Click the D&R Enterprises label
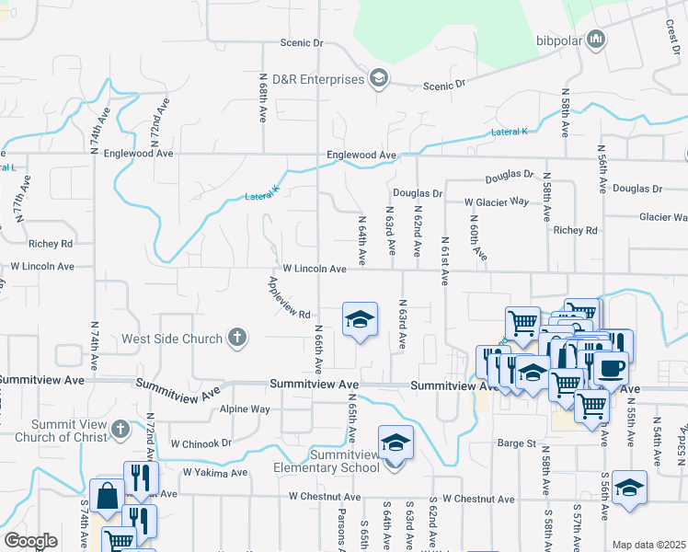[x=318, y=80]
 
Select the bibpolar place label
[x=559, y=40]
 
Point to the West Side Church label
[x=172, y=339]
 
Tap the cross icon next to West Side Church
[x=237, y=338]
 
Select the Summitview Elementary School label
[x=345, y=461]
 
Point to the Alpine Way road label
[x=245, y=408]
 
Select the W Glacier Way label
[x=497, y=201]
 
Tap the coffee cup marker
[x=612, y=367]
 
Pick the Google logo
[x=30, y=541]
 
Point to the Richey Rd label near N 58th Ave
[x=576, y=230]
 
